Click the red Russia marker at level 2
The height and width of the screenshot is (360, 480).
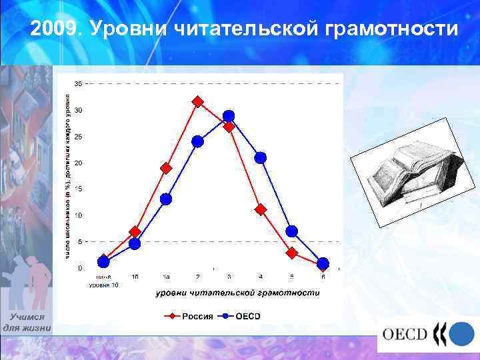tap(197, 101)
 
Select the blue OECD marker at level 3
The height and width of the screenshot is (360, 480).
tap(229, 116)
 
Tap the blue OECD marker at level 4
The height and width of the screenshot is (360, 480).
tap(260, 157)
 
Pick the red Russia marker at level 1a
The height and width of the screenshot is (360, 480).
tap(166, 168)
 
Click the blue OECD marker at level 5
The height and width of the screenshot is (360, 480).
tap(291, 231)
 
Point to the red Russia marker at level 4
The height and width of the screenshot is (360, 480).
tap(260, 209)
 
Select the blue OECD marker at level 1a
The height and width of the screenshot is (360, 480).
tap(166, 199)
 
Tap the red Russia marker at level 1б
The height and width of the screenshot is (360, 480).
tap(135, 232)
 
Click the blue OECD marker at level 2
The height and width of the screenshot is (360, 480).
tap(197, 141)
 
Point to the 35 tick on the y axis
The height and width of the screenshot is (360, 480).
tap(79, 84)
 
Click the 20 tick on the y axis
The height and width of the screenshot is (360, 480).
tap(79, 163)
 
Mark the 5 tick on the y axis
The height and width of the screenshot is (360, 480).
tap(81, 241)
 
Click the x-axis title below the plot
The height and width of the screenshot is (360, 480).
tap(237, 293)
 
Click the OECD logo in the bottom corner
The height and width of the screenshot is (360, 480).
tap(427, 333)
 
